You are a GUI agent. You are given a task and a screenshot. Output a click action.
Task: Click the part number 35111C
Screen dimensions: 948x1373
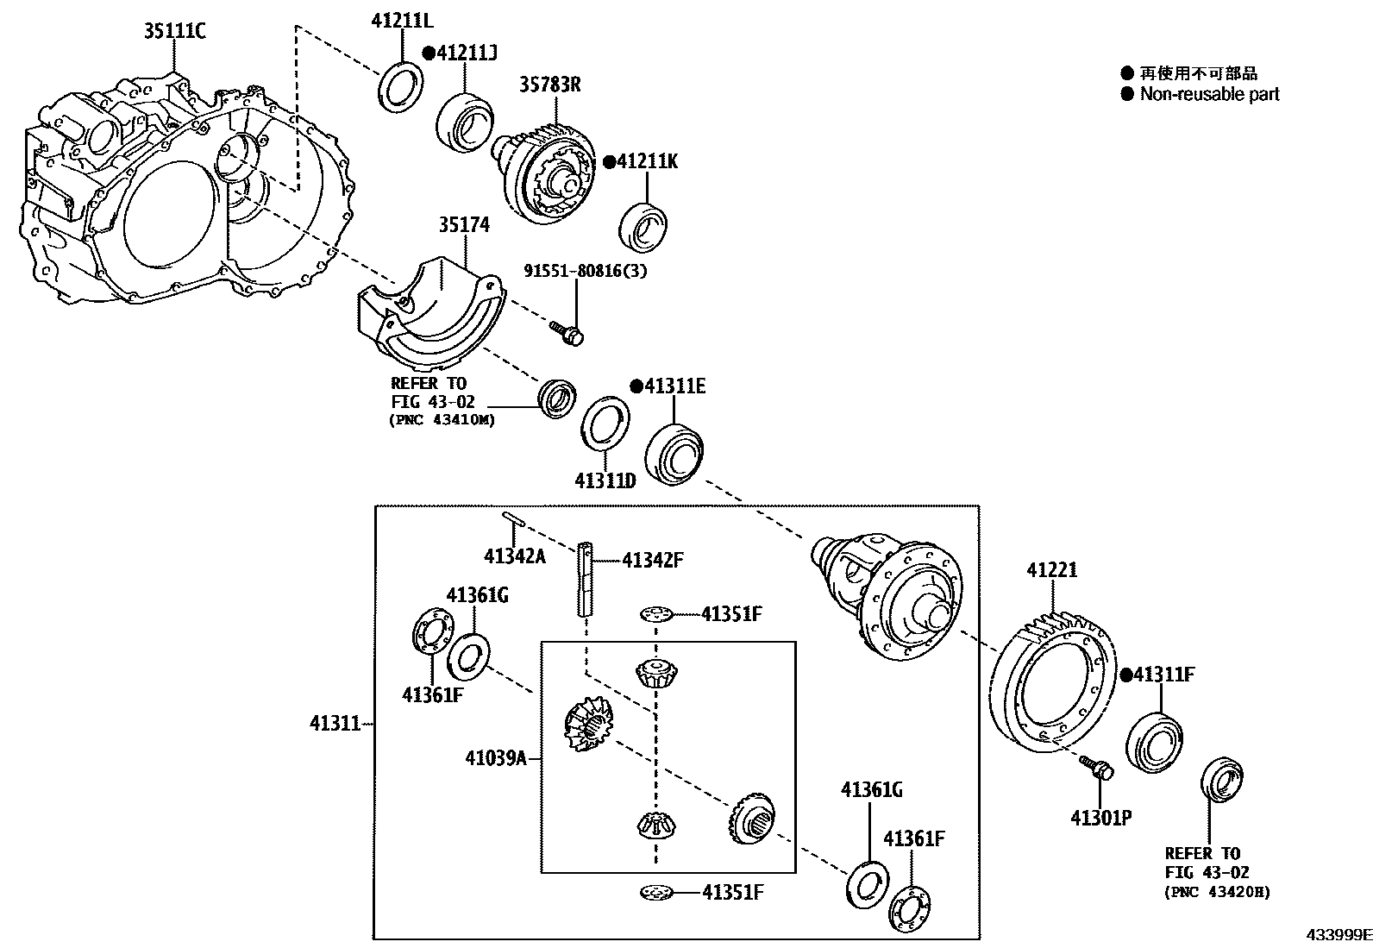coord(175,33)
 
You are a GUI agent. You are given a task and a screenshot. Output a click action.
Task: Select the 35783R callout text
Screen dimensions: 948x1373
coord(549,85)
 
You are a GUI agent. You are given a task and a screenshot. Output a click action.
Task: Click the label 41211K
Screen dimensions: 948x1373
coord(647,161)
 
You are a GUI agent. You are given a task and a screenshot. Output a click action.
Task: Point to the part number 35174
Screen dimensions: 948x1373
coord(464,225)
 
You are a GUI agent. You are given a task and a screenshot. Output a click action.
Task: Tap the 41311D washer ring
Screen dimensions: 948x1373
coord(604,423)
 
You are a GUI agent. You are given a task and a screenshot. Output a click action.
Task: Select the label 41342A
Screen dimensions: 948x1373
coord(514,556)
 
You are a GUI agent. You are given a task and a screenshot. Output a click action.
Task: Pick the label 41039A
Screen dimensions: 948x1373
coord(495,758)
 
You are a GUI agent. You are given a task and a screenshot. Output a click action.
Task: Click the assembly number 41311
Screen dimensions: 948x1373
coord(335,724)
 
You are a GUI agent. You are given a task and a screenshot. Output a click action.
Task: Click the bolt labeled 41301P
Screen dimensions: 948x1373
coord(1097,768)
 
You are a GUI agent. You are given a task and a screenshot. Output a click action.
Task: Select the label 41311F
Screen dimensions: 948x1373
coord(1163,675)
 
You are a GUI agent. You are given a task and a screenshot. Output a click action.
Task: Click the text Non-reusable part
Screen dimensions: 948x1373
coord(1209,94)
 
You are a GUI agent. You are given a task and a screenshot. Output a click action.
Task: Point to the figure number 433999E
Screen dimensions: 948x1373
coord(1337,935)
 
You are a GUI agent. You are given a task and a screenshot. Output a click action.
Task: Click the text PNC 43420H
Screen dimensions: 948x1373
coord(1217,892)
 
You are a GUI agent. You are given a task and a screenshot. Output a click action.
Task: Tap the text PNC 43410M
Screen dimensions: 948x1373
coord(443,420)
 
